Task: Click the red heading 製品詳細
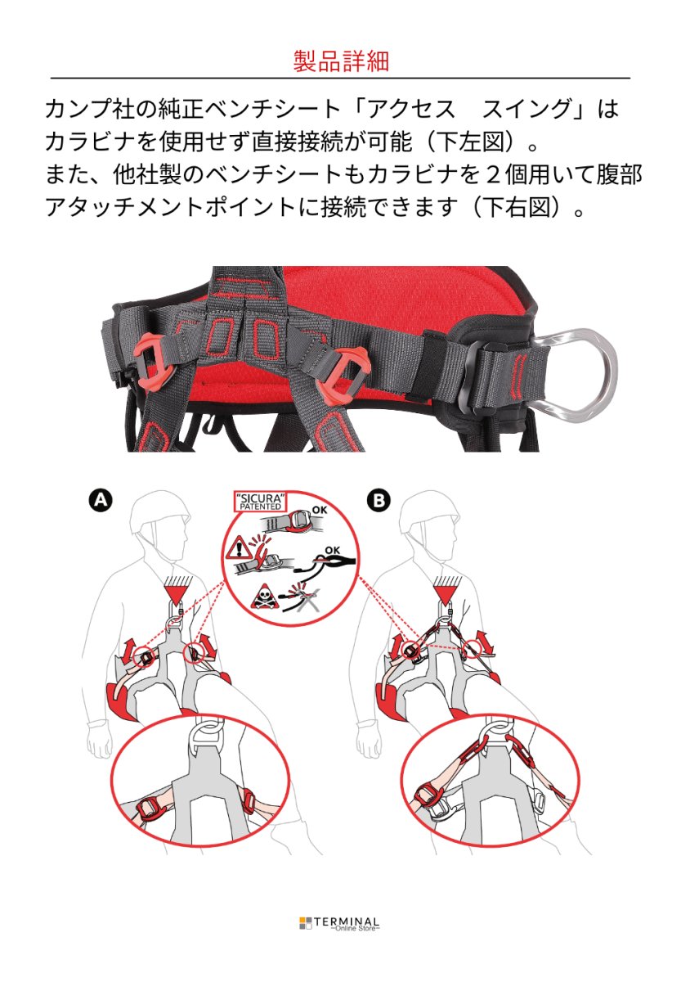(340, 61)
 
